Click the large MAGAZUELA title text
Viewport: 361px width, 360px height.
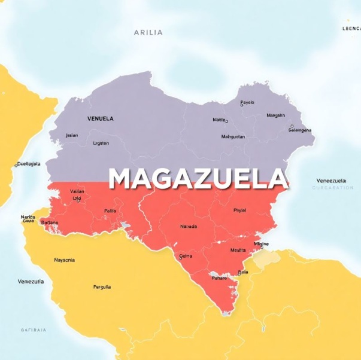click(198, 179)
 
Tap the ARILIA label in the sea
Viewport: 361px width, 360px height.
click(148, 32)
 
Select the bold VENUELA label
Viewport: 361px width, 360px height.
click(100, 118)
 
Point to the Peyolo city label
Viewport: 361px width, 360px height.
click(247, 102)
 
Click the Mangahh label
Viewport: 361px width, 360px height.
click(275, 115)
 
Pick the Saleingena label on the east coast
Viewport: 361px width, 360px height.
click(300, 130)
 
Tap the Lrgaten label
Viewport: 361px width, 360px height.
click(101, 143)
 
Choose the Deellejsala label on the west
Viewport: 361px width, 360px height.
click(29, 163)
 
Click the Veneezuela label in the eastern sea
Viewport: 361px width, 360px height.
click(332, 180)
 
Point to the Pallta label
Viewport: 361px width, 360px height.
click(110, 210)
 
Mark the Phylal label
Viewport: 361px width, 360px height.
click(239, 210)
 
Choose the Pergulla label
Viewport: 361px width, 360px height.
click(102, 287)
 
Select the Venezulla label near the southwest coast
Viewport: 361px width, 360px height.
click(31, 281)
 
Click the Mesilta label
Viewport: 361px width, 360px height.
click(238, 251)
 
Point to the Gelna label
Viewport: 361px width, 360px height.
click(186, 256)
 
